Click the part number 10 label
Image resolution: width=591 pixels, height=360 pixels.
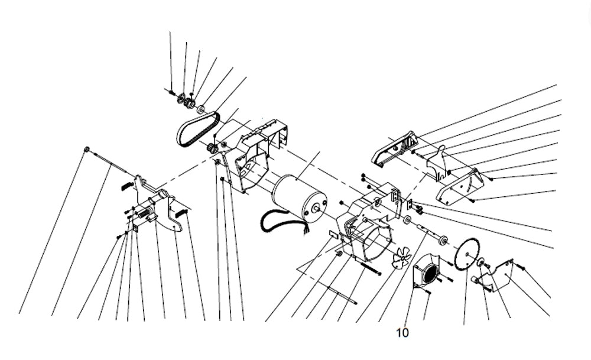402,333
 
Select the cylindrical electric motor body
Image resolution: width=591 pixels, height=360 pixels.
299,197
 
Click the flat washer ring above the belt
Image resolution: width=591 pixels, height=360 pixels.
201,109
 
